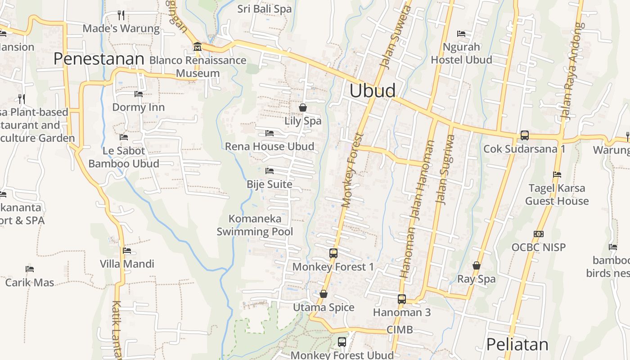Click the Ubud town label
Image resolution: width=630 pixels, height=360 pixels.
click(373, 91)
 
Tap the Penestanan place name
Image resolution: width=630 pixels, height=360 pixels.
click(99, 59)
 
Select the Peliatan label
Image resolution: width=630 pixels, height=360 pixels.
click(517, 345)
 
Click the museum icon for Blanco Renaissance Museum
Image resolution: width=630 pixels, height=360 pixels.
click(197, 47)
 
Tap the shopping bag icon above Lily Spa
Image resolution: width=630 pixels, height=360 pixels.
click(303, 108)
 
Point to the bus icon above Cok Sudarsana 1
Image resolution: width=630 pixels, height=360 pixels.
click(524, 135)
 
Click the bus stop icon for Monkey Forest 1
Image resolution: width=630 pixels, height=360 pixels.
click(333, 253)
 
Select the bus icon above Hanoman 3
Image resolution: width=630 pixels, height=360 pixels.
click(401, 299)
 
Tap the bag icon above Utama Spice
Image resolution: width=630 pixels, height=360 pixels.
click(323, 294)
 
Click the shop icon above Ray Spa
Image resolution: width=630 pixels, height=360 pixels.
click(476, 265)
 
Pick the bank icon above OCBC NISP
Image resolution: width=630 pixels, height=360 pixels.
click(538, 234)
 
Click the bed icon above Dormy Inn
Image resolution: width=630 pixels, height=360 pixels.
click(138, 94)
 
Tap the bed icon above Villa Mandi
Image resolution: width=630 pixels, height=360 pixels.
click(127, 251)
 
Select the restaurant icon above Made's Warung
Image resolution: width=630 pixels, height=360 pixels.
click(121, 15)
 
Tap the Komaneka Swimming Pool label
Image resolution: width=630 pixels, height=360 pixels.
click(255, 225)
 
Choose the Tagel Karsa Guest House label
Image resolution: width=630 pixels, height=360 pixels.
click(557, 194)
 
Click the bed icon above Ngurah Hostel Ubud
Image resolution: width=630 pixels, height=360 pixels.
click(461, 34)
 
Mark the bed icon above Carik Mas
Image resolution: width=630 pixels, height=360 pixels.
click(30, 269)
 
